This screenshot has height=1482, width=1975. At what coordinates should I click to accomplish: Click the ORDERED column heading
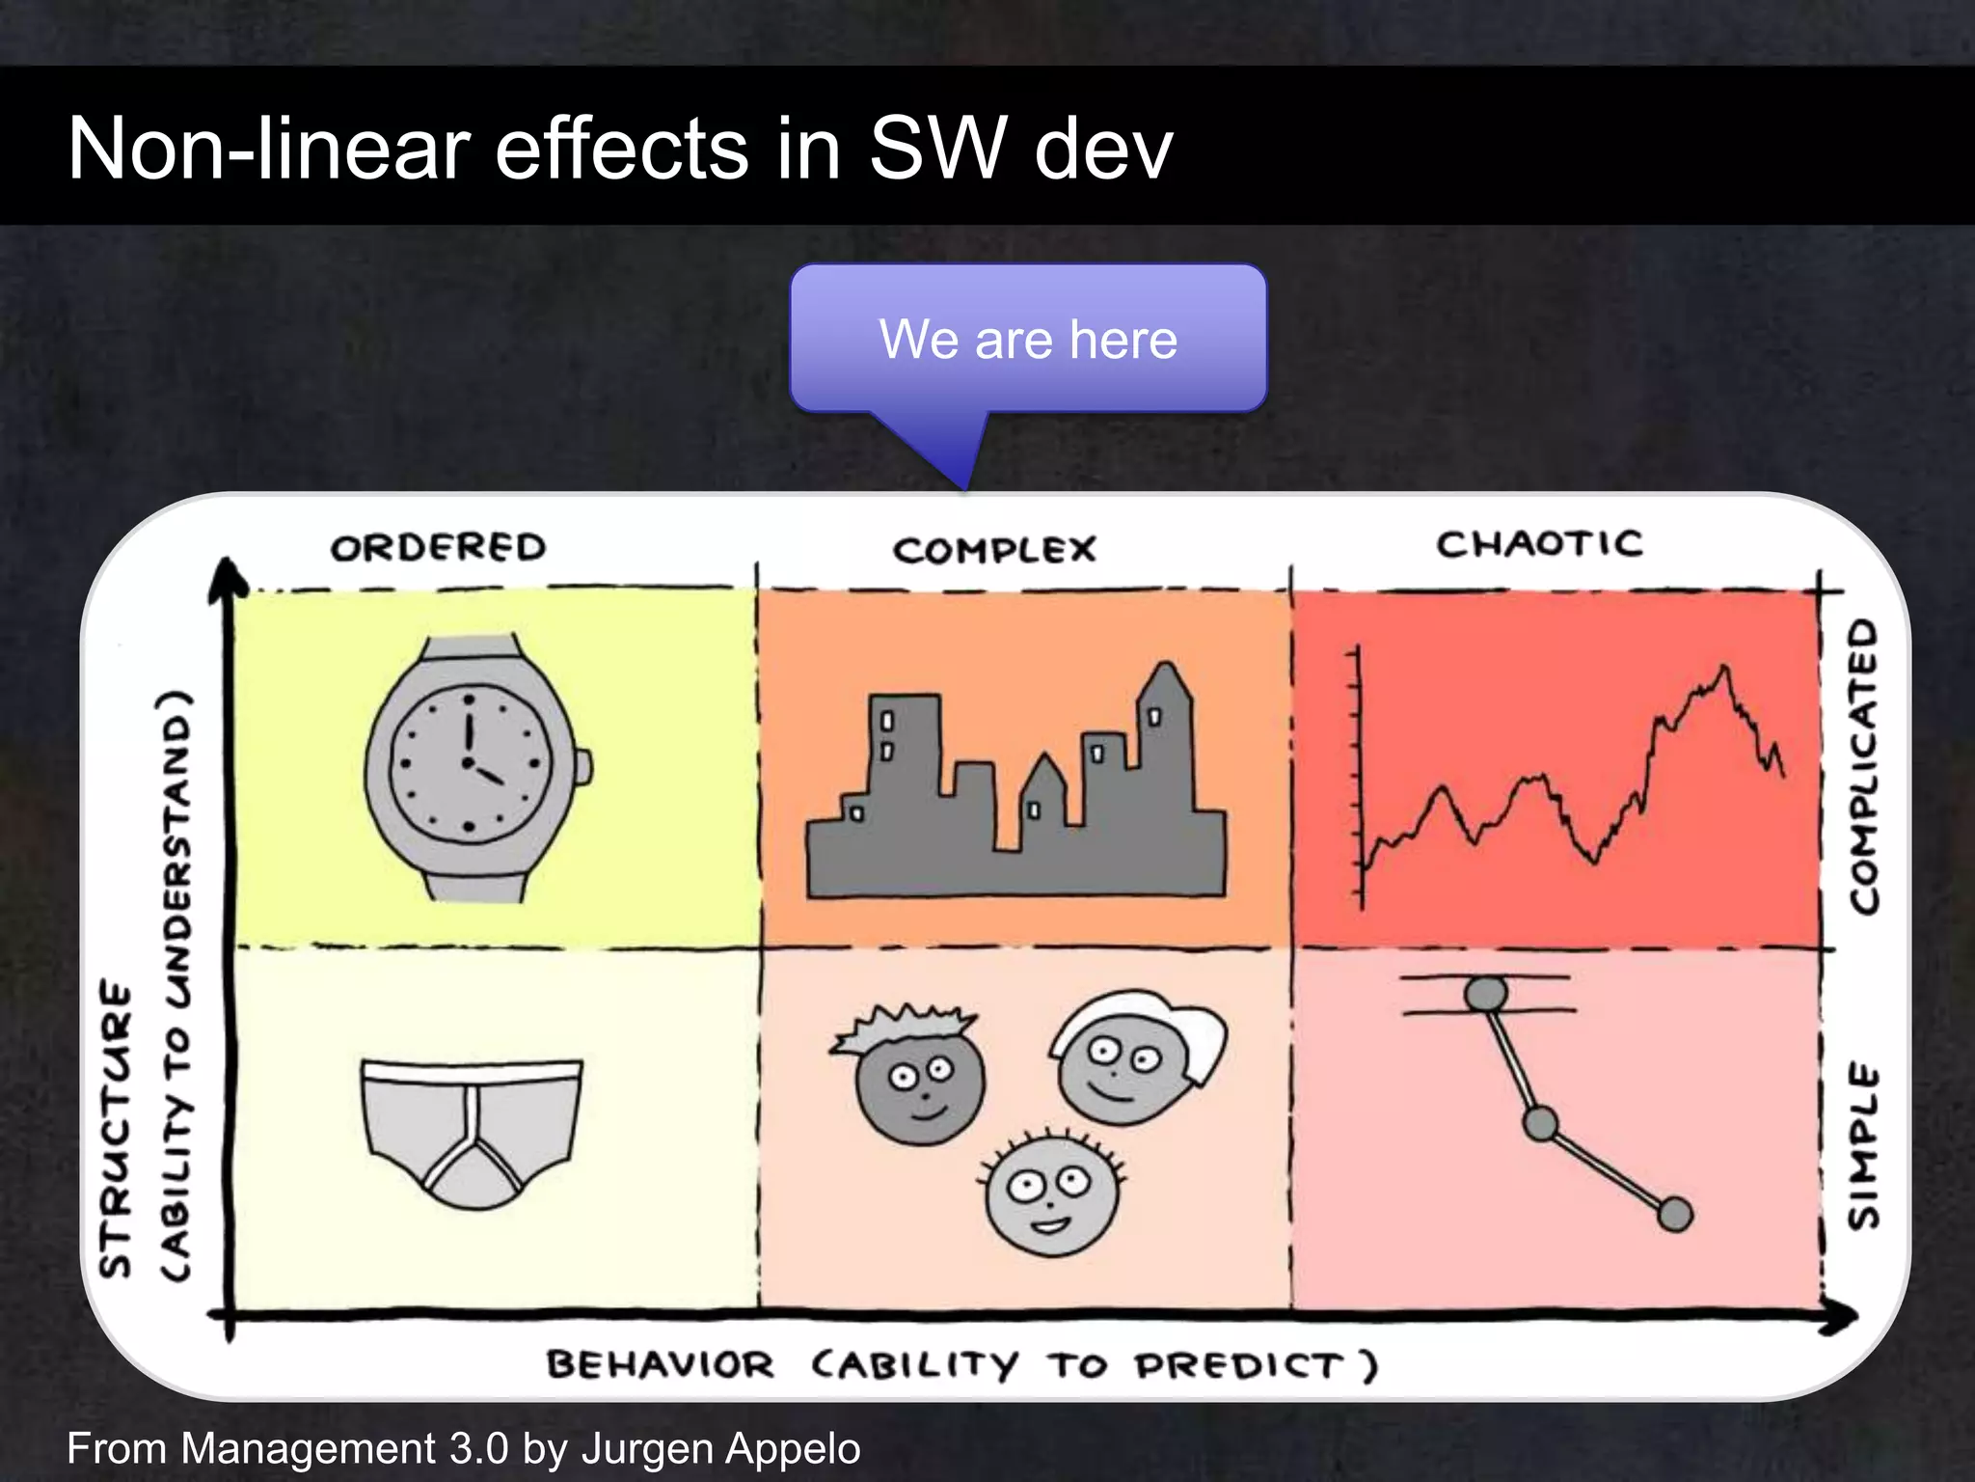(439, 547)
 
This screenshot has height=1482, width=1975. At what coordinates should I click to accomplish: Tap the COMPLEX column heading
(994, 550)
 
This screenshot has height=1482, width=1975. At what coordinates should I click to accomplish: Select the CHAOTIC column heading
(1539, 544)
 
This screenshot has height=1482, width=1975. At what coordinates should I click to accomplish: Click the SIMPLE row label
(1864, 1147)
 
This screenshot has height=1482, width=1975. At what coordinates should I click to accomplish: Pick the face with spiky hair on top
(916, 1071)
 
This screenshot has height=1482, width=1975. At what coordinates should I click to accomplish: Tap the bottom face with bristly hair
(1051, 1193)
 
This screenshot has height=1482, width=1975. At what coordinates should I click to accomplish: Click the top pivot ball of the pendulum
(1485, 994)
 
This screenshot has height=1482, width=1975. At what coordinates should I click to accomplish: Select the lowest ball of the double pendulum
(1675, 1214)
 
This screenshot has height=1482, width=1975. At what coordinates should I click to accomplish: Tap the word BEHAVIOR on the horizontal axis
(661, 1365)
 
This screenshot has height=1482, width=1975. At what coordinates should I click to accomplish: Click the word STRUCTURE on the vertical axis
(116, 1129)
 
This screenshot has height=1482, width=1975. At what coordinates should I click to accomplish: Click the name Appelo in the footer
(795, 1448)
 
